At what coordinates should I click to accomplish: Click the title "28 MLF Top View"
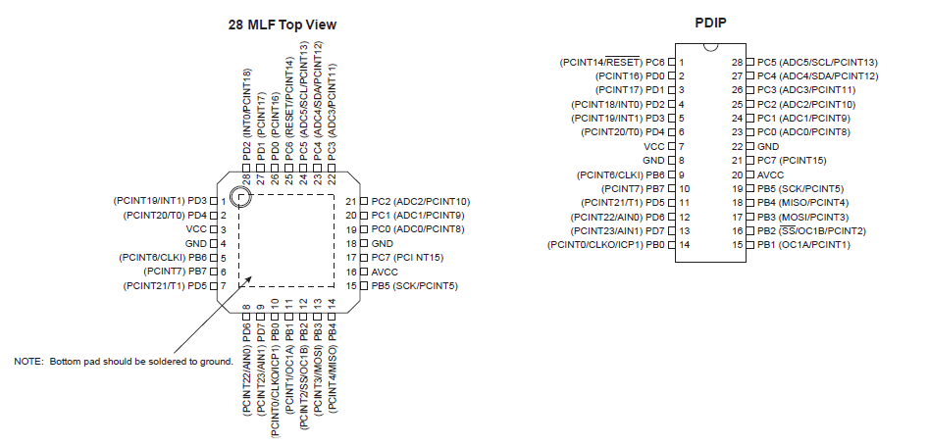pos(283,25)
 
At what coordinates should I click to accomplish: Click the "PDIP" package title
pos(710,24)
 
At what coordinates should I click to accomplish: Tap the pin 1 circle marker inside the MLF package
pos(239,198)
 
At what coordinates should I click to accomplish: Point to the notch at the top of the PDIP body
pos(711,47)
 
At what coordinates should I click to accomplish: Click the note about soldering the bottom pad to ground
pos(124,362)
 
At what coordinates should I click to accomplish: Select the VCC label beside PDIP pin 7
pos(654,147)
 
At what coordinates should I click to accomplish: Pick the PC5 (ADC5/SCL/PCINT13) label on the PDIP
pos(817,62)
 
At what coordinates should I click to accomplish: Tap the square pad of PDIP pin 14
pos(671,245)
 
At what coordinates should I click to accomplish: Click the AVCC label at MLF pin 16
pos(385,273)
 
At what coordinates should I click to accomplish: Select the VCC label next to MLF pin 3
pos(196,229)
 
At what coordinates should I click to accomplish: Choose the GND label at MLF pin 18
pos(383,244)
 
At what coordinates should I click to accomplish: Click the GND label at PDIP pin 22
pos(768,147)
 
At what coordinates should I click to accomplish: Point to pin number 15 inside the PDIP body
pos(738,245)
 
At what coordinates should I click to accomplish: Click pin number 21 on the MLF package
pos(351,201)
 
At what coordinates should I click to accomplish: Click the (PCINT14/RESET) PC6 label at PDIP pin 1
pos(612,62)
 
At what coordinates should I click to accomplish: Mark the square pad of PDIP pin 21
pos(749,161)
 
